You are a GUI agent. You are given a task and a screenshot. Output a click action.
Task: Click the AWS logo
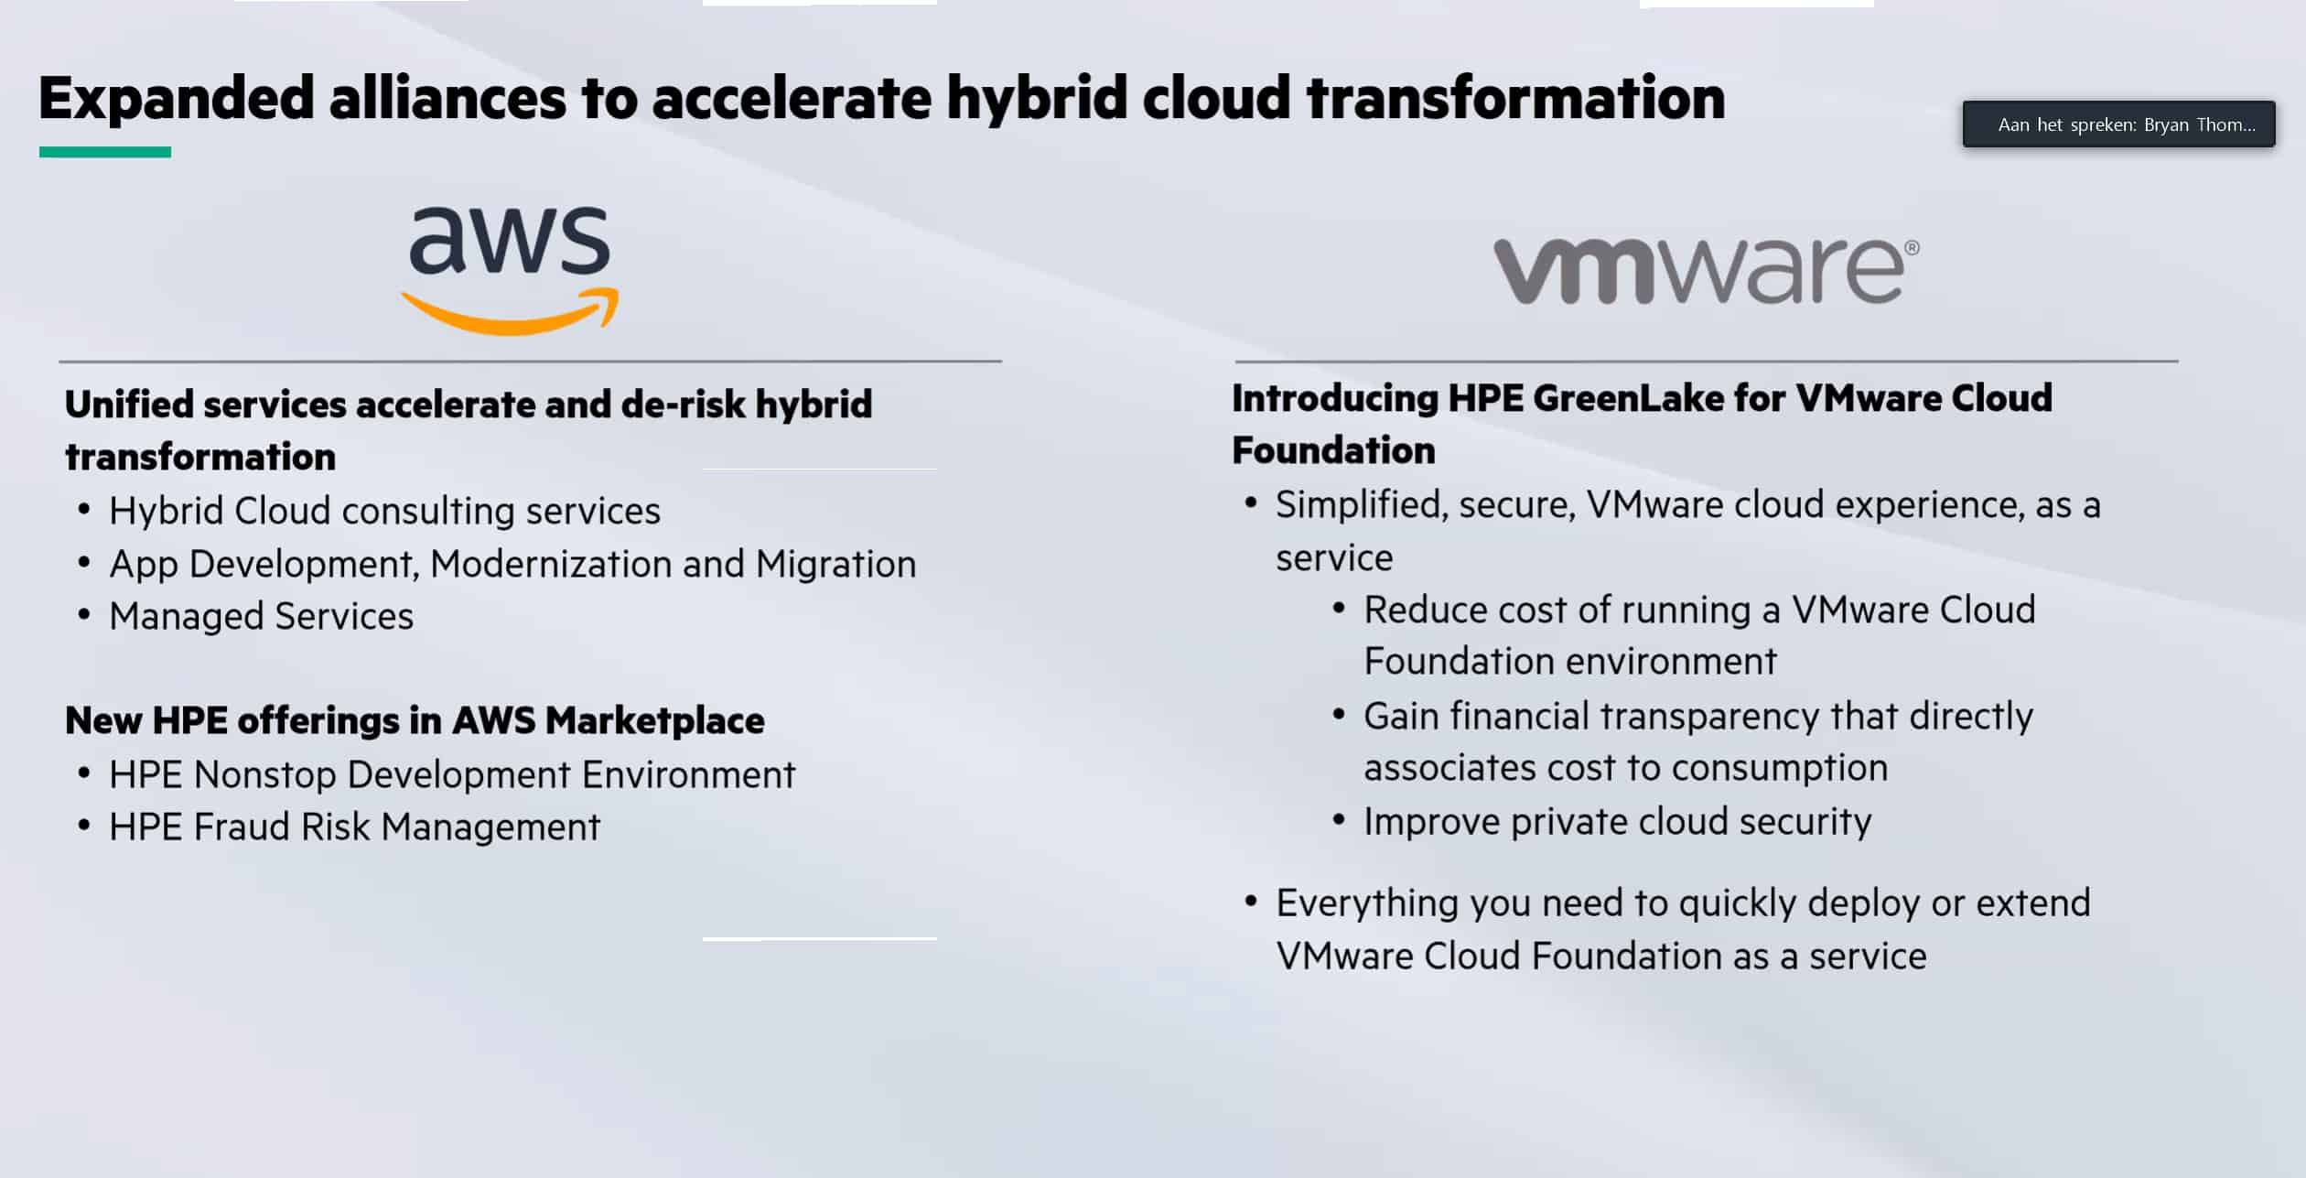(510, 270)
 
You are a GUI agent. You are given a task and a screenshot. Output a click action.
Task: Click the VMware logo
(1707, 270)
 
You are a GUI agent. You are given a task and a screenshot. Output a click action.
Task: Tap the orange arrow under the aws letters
(510, 312)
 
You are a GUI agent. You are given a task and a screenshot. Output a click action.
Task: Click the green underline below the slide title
(105, 152)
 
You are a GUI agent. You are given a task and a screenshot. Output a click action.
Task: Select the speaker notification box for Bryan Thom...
(2118, 124)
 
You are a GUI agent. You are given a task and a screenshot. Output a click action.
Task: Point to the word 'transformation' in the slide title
(1515, 97)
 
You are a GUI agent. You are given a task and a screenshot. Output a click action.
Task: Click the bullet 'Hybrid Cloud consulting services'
(384, 511)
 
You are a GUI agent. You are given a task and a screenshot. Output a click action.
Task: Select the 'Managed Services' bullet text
(261, 616)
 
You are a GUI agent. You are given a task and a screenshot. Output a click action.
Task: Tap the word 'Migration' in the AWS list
(835, 564)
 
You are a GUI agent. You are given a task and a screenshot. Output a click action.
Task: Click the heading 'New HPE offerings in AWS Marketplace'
(415, 720)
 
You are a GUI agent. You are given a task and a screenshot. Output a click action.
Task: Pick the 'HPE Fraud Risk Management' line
(354, 827)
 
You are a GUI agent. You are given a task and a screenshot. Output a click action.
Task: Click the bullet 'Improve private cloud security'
(1617, 822)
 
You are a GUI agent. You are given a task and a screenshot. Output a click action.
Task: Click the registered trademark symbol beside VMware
(1912, 247)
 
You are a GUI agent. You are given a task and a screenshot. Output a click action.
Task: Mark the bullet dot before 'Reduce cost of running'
(1339, 609)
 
